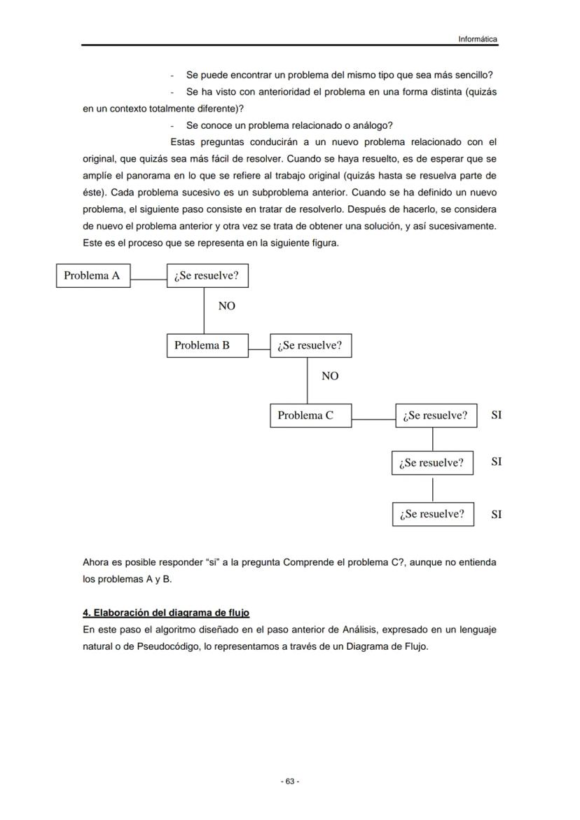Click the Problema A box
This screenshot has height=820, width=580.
click(x=92, y=275)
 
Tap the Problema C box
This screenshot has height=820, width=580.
click(x=310, y=415)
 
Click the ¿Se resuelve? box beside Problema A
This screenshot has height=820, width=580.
click(x=207, y=275)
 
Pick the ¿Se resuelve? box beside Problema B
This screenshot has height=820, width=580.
click(x=310, y=345)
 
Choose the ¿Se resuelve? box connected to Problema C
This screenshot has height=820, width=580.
click(x=436, y=415)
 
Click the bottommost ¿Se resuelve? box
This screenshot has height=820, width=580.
click(x=432, y=514)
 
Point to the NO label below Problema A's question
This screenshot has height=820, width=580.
click(x=226, y=306)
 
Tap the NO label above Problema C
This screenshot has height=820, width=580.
click(x=330, y=376)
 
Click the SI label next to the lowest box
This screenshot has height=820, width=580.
click(x=496, y=514)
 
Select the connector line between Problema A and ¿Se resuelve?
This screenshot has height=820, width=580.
click(x=149, y=279)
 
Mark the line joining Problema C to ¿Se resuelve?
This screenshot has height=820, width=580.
click(x=373, y=419)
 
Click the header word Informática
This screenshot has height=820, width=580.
click(x=478, y=39)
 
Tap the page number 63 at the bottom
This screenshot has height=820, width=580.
click(x=290, y=781)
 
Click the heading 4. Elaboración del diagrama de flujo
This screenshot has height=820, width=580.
click(x=165, y=613)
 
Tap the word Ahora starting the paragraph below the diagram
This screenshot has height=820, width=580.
click(x=97, y=562)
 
